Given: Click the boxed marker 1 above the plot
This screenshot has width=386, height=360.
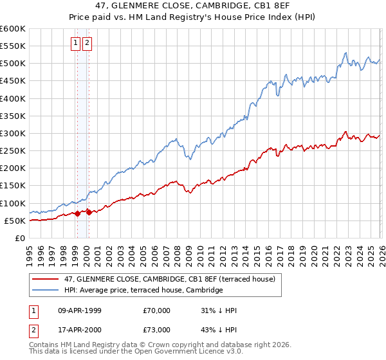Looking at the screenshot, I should [x=75, y=44].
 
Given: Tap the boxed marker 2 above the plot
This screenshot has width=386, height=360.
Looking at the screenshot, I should [x=87, y=44].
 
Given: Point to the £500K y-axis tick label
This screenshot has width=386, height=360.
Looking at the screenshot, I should [x=12, y=64].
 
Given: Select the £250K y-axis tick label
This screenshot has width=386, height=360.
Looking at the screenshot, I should [x=12, y=151].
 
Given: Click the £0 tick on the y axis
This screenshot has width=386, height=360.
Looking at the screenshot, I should [x=19, y=239].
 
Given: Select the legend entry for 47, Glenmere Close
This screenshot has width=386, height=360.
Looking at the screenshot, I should [x=170, y=279].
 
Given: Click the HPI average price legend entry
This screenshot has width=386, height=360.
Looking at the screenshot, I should [x=143, y=290].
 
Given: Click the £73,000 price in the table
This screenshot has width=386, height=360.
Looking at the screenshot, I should [x=157, y=330].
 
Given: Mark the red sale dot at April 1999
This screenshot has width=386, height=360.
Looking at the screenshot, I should [x=77, y=213].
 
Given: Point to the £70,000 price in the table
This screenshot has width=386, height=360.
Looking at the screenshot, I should [x=157, y=310].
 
